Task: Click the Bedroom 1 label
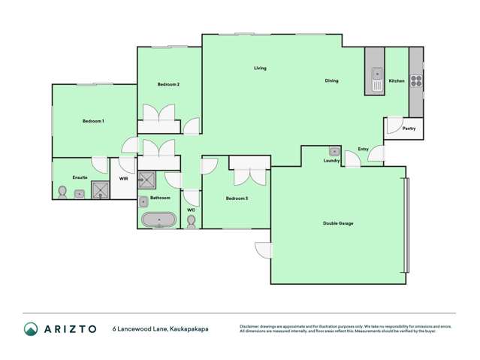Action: tap(93, 121)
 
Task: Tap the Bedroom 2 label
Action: tap(168, 84)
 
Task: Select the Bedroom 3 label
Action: tap(237, 198)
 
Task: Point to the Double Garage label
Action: tap(338, 223)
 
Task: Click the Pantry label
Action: tap(409, 129)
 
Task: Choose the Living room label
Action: tap(260, 68)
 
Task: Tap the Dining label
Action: tap(331, 80)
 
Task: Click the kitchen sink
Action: tap(376, 77)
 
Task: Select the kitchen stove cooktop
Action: tap(416, 81)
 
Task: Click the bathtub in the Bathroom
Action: tap(158, 221)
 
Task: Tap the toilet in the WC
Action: tap(192, 221)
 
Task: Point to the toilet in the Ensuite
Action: tap(62, 192)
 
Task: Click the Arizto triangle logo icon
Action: tap(31, 328)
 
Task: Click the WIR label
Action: tap(124, 179)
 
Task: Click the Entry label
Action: tap(363, 149)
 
